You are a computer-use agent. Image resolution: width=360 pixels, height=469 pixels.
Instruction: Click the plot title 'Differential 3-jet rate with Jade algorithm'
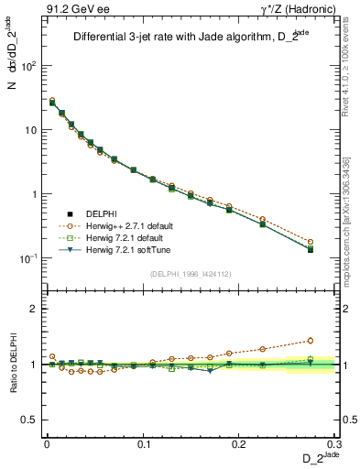click(x=174, y=38)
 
